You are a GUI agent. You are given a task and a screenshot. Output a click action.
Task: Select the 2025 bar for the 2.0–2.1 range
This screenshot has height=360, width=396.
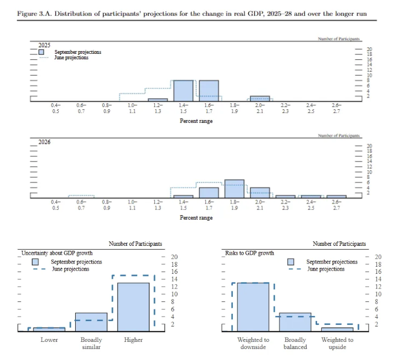(x=260, y=99)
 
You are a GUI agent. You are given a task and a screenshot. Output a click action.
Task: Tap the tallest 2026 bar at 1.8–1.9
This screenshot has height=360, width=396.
(x=235, y=188)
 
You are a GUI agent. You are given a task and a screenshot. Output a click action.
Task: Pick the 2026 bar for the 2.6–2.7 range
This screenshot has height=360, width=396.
(x=336, y=196)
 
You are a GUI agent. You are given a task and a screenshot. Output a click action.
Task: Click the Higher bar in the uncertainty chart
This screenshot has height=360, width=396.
(x=133, y=307)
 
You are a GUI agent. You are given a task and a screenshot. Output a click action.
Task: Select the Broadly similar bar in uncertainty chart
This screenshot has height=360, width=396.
(x=91, y=322)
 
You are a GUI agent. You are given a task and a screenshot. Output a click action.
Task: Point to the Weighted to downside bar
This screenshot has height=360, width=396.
(x=253, y=307)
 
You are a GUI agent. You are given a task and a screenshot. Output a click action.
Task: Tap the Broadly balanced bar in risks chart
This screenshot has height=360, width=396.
(x=295, y=322)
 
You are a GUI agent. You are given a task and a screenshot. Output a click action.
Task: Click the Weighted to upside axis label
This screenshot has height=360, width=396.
(x=337, y=343)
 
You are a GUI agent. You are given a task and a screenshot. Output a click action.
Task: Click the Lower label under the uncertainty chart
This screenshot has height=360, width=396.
(x=49, y=340)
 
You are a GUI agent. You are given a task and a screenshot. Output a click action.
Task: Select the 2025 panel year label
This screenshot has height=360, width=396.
(x=44, y=44)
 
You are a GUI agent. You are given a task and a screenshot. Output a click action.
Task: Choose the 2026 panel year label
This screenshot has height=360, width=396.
(x=44, y=142)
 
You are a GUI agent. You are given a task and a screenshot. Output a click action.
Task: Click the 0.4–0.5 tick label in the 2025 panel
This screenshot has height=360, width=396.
(x=55, y=108)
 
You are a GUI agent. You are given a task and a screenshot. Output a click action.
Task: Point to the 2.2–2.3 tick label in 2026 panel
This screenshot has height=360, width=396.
(x=285, y=205)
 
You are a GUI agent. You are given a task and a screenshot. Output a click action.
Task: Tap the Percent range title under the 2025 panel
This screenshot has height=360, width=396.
(x=196, y=121)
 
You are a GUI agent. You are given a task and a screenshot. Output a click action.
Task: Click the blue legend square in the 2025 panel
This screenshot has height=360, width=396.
(x=42, y=52)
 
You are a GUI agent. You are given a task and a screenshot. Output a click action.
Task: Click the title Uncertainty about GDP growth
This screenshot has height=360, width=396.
(x=57, y=254)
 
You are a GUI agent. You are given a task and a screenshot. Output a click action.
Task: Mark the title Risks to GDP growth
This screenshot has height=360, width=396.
(x=250, y=254)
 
